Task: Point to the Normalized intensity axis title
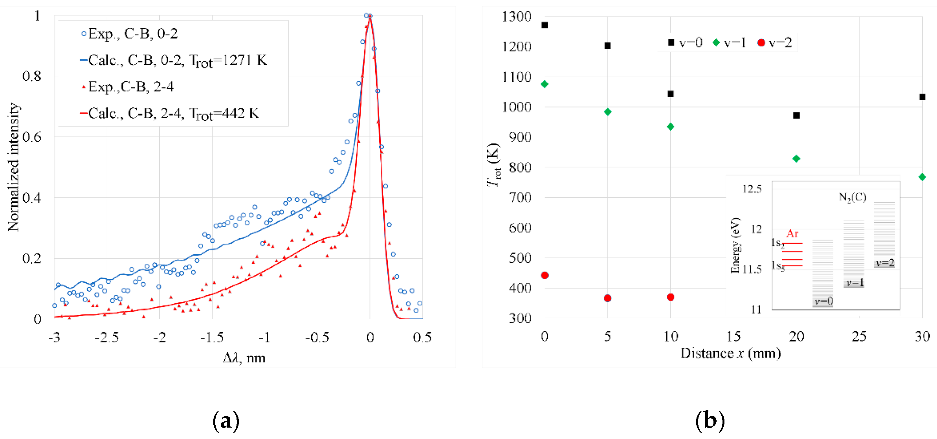(13, 167)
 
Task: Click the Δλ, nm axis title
(244, 358)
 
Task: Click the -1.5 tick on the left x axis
(212, 337)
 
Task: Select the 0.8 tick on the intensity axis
(32, 76)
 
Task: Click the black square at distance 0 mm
(545, 25)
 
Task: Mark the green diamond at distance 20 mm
(796, 159)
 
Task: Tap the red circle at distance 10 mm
(671, 297)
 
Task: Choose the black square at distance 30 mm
(922, 97)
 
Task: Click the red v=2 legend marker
(761, 43)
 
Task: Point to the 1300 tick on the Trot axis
(517, 17)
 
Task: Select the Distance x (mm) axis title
(730, 353)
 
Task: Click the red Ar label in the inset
(792, 234)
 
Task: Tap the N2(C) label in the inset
(853, 197)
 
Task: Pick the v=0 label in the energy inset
(823, 301)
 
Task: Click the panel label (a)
(226, 421)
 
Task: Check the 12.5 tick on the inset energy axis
(752, 189)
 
